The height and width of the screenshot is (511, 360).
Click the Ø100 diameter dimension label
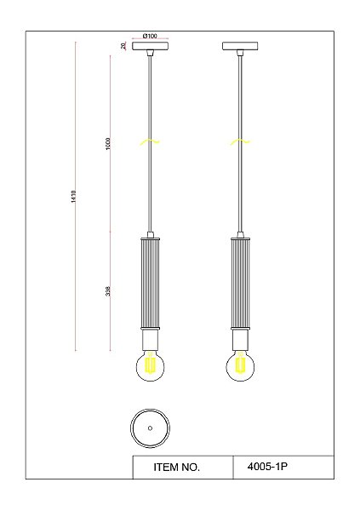coord(150,36)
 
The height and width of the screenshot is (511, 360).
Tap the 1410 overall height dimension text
coord(73,197)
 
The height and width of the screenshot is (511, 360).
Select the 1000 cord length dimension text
coord(108,143)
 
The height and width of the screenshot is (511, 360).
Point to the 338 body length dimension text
coord(108,291)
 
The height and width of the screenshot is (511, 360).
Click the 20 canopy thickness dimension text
coord(123,46)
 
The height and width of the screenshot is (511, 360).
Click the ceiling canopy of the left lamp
coord(150,46)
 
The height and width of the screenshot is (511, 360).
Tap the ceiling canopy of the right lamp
coord(241,46)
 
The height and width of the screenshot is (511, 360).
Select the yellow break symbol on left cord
coord(150,141)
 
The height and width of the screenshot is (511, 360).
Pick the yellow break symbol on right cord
coord(240,141)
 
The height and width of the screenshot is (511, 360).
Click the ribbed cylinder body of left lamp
coord(150,283)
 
